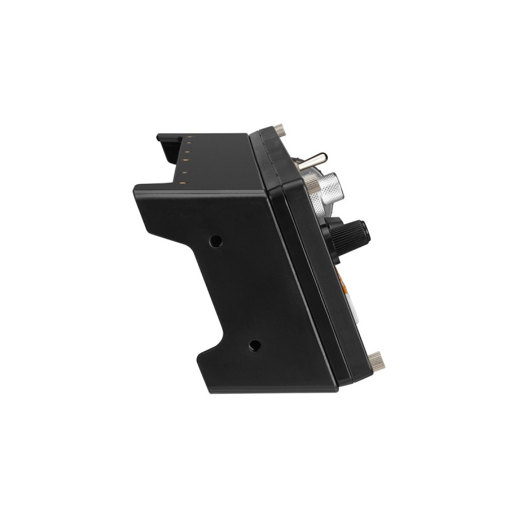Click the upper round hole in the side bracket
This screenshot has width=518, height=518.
point(216,241)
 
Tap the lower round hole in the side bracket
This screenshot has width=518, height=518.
point(254,345)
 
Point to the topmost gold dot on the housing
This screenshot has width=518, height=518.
point(191,137)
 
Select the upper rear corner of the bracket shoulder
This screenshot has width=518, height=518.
point(136,188)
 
